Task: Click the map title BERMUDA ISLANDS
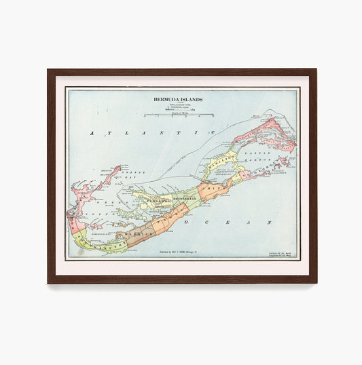click(x=177, y=99)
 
